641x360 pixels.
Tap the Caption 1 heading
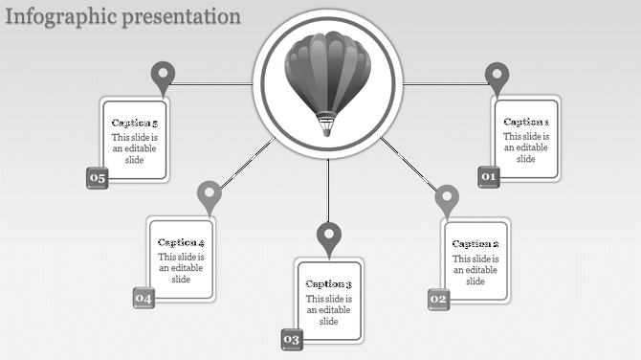point(526,122)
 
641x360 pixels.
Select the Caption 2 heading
point(475,244)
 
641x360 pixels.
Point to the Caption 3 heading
point(329,283)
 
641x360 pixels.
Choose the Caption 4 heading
point(181,242)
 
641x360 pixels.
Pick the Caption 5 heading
point(134,123)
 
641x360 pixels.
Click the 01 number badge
point(489,177)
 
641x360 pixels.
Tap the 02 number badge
point(438,300)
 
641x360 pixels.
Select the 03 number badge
point(292,339)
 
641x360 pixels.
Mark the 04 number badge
point(144,299)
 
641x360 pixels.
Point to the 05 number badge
point(97,177)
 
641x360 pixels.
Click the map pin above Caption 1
point(496,76)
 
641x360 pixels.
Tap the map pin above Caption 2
point(447,199)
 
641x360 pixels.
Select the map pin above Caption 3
point(329,236)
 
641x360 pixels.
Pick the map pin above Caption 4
point(209,194)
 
